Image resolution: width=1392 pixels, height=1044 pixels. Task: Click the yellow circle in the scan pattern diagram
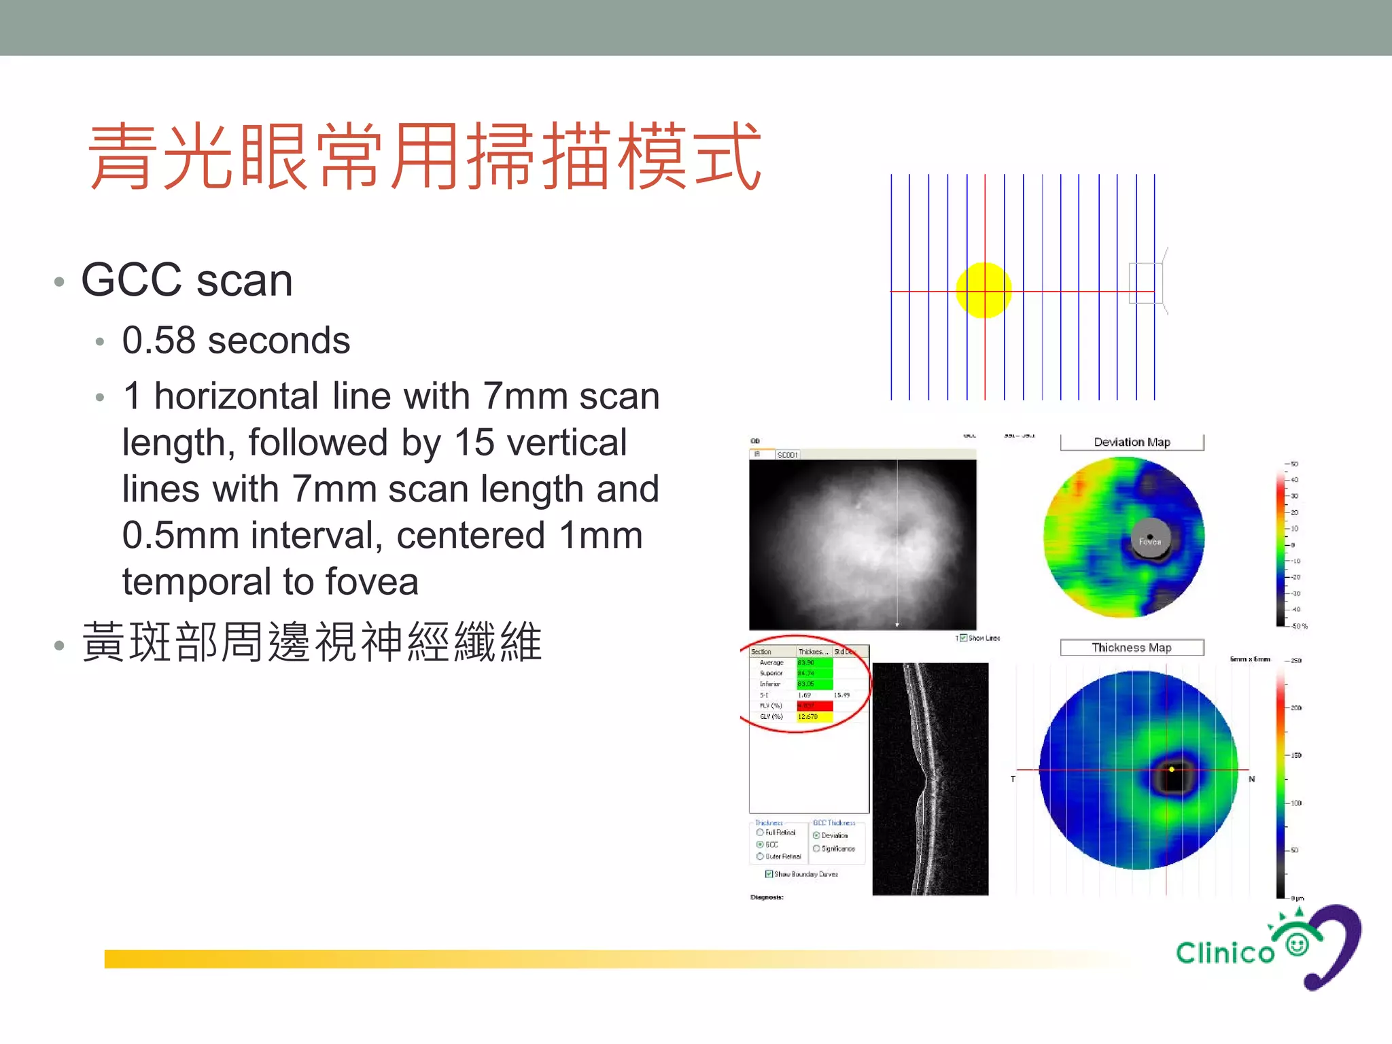(x=984, y=290)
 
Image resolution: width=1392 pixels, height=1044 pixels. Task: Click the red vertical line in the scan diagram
(x=985, y=224)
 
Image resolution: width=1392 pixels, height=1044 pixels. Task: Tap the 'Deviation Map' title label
(x=1132, y=442)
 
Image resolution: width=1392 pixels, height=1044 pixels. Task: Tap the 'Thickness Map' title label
(x=1132, y=648)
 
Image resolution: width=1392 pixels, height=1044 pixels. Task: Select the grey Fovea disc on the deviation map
(x=1150, y=539)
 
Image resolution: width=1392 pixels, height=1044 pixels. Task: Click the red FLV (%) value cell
(x=814, y=706)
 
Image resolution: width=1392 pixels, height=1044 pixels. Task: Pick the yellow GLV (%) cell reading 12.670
(x=814, y=717)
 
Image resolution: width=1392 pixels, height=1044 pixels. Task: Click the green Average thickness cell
(x=814, y=663)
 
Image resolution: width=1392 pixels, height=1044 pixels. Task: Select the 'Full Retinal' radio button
(x=760, y=832)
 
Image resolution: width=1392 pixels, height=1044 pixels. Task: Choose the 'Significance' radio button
(x=816, y=848)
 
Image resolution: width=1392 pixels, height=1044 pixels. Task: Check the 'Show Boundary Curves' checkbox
(x=769, y=874)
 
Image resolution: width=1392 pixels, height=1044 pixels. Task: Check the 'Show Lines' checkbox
(x=963, y=638)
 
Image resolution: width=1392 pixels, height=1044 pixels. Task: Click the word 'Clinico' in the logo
(x=1225, y=953)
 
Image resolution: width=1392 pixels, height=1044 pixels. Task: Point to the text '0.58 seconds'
(x=236, y=341)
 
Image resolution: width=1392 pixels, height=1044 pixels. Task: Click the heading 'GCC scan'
(x=187, y=280)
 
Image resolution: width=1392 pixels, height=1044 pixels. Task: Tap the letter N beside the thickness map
(x=1251, y=779)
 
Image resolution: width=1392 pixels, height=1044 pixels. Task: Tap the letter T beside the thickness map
(x=1013, y=779)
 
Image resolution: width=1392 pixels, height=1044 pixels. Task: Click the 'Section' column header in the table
(x=761, y=652)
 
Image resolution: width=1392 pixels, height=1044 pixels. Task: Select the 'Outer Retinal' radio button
(x=760, y=856)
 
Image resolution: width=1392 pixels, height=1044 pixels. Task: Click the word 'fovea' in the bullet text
(x=372, y=582)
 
